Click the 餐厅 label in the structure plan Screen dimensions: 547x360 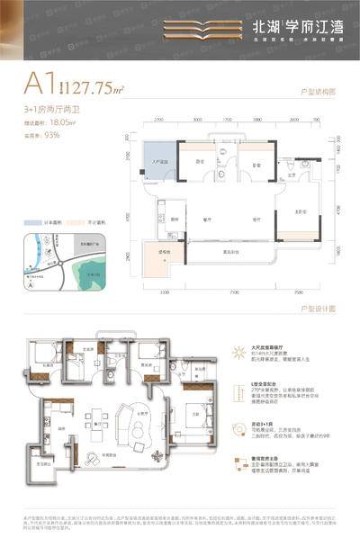pyautogui.click(x=206, y=218)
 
